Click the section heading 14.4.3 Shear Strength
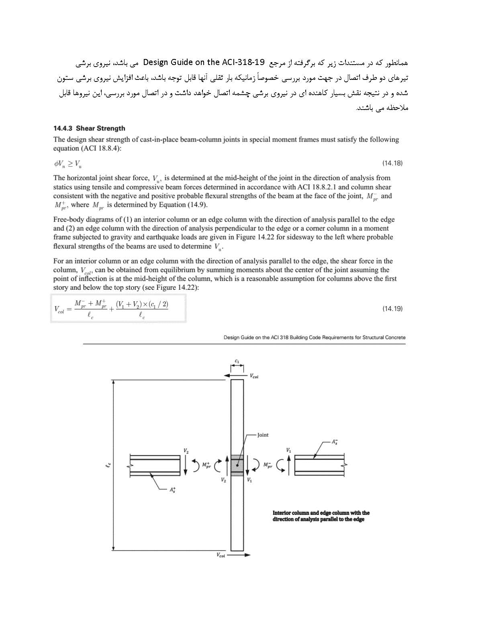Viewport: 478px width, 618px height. [x=89, y=128]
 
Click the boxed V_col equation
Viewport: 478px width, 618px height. [x=118, y=308]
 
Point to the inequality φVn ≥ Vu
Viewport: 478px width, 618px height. [x=68, y=163]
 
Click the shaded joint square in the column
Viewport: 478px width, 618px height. [x=237, y=466]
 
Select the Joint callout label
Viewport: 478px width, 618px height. [x=263, y=435]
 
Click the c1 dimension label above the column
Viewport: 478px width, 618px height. [x=237, y=361]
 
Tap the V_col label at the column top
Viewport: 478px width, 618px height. [x=254, y=376]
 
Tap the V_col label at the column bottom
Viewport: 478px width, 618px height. [x=221, y=555]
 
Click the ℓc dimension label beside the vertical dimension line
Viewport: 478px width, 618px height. [x=108, y=465]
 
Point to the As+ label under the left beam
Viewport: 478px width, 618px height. [x=173, y=490]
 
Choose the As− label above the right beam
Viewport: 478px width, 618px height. [x=335, y=442]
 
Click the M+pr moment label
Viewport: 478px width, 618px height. [x=206, y=465]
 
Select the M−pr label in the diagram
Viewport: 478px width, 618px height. [x=268, y=465]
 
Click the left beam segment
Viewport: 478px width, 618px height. [x=155, y=466]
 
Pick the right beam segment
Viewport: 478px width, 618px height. [x=320, y=465]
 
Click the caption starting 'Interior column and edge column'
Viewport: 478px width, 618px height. [x=321, y=516]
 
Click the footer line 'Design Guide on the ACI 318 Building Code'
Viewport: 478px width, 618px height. [x=314, y=337]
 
